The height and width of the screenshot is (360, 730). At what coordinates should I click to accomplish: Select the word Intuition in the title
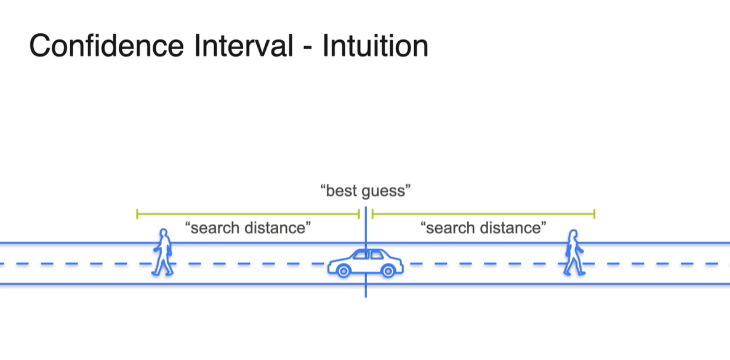(x=375, y=46)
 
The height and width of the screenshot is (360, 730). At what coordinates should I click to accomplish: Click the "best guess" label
(x=366, y=191)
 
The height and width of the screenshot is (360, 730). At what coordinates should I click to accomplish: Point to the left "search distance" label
(x=248, y=228)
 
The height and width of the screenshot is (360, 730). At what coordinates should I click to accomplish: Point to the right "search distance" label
(x=483, y=228)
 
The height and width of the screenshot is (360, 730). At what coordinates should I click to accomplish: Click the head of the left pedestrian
(x=164, y=234)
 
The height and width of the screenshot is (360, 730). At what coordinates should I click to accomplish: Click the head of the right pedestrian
(x=574, y=234)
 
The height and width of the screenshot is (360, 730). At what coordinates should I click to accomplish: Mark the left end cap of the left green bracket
(x=137, y=214)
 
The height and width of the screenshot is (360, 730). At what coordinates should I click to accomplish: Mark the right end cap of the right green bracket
(x=595, y=214)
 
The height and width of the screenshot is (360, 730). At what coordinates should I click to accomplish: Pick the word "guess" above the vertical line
(x=383, y=191)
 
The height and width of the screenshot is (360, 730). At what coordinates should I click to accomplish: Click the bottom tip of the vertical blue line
(x=366, y=296)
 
